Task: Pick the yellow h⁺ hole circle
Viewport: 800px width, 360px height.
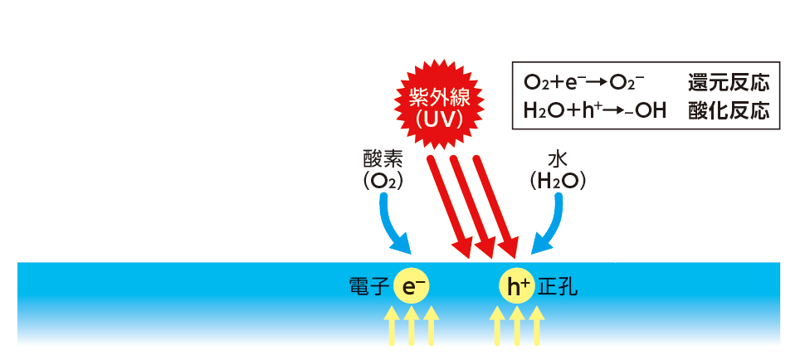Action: point(517,286)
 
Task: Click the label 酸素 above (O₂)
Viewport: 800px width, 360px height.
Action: point(383,158)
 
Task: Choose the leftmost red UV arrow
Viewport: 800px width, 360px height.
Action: point(448,203)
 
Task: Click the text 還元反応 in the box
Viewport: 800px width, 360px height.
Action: point(728,83)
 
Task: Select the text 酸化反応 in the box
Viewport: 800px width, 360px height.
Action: point(728,110)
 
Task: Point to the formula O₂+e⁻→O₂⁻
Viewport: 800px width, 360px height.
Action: point(585,83)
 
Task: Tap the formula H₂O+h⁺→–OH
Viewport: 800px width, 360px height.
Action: point(595,110)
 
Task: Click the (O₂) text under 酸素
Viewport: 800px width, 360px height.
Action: point(383,181)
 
